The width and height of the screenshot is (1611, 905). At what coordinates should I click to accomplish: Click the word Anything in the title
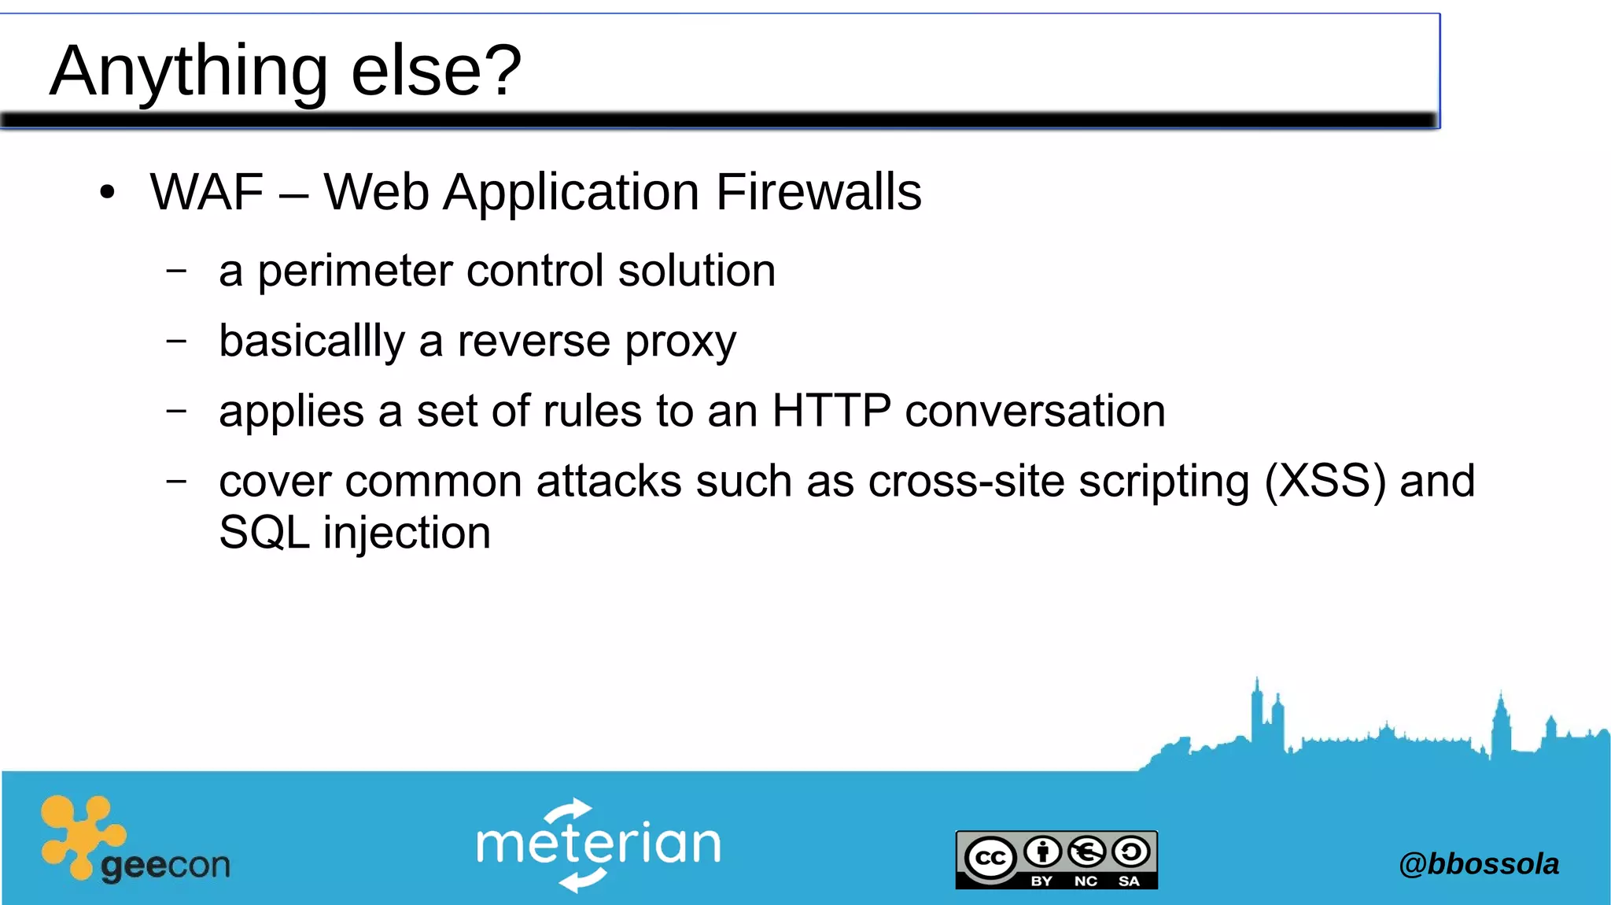(189, 71)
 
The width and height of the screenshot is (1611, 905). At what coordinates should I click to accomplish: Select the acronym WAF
(207, 192)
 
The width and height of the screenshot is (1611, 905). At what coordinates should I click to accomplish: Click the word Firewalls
(818, 192)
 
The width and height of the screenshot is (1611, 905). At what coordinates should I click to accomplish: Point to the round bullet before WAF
(108, 192)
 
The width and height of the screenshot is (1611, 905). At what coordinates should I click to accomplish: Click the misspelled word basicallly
(312, 342)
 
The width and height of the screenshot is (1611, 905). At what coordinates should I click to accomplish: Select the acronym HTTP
(831, 411)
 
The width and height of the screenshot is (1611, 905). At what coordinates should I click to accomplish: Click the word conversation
(1035, 411)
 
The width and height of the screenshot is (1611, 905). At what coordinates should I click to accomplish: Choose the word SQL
(264, 533)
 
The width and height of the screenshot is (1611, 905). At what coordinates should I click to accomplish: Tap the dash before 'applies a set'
(177, 411)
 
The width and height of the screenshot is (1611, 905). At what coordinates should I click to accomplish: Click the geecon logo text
(165, 866)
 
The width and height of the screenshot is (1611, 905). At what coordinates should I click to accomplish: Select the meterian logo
(598, 844)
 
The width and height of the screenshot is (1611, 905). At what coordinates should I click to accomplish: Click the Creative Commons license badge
(1056, 859)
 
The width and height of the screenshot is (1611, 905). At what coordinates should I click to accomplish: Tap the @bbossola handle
(1478, 864)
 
